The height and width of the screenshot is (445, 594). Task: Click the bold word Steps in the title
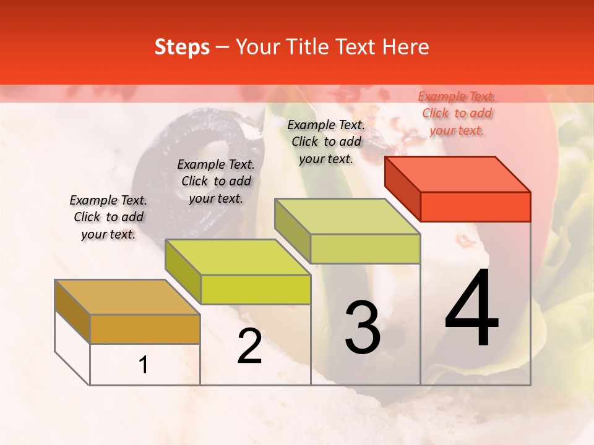point(182,47)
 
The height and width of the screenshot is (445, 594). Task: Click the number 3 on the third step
point(363,328)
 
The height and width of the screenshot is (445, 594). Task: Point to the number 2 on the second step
point(249,346)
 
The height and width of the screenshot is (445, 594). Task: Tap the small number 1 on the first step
point(144,365)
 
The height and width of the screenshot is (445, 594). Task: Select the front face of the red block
point(475,206)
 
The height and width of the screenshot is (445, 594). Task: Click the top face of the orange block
point(127,297)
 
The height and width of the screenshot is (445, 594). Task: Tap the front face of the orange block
point(145,329)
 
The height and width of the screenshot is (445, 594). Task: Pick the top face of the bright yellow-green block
point(238,256)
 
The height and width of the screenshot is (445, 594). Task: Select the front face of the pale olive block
point(365,248)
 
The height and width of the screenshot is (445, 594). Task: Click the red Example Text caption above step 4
point(457,113)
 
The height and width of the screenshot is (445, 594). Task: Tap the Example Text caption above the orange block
point(108,217)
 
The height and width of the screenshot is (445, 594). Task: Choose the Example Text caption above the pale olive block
point(326,142)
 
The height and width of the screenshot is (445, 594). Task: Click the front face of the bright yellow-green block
point(256,289)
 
